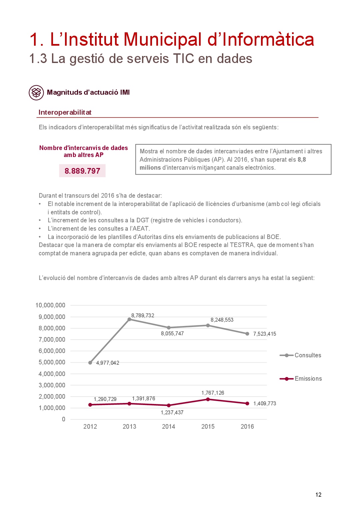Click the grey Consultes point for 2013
coord(129,319)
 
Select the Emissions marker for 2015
coord(208,399)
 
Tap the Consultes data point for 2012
coord(90,363)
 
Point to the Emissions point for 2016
coord(247,404)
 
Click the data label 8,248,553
coord(222,320)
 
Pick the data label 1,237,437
coord(172,413)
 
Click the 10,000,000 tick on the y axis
coord(50,305)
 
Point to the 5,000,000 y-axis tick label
coord(52,362)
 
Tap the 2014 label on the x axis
coord(169,427)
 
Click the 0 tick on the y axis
coord(64,419)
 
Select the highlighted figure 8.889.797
coord(82,171)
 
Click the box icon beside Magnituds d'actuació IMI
coord(36,92)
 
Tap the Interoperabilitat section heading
coord(65,112)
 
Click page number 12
coord(318,495)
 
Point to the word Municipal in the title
coord(163,39)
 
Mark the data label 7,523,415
coord(265,334)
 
